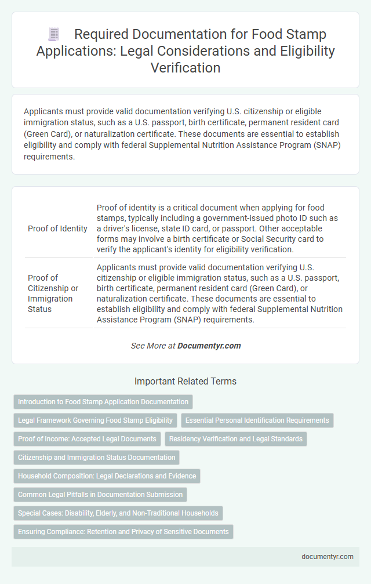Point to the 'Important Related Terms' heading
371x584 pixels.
tap(185, 382)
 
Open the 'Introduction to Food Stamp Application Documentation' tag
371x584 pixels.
tap(103, 401)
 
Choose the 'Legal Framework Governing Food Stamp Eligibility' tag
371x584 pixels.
tap(96, 420)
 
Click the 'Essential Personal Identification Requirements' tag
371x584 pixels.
tap(257, 420)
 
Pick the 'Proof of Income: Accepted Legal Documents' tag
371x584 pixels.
tap(87, 439)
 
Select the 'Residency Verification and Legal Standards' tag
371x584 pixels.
tap(236, 439)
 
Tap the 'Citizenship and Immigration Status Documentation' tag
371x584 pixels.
tap(96, 458)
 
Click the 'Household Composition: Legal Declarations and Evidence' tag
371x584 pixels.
tap(107, 476)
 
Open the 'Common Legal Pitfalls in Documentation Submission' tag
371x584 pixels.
tap(100, 495)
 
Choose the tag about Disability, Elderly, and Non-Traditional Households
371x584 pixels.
tap(118, 513)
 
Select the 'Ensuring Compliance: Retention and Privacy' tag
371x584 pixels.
tap(123, 532)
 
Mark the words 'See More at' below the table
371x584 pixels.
tap(153, 346)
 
